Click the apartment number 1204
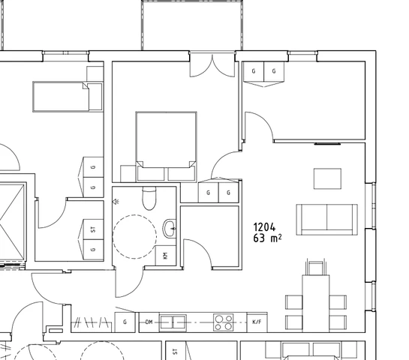[264, 227]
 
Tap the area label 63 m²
[267, 238]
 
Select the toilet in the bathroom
[149, 198]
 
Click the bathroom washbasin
[170, 228]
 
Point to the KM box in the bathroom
[166, 256]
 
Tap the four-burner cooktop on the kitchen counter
[224, 322]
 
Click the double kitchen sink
[173, 322]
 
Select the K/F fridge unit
[257, 322]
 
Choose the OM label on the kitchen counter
[149, 322]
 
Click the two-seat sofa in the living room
[327, 220]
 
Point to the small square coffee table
[327, 178]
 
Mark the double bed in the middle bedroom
[166, 146]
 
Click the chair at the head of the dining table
[316, 268]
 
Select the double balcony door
[212, 64]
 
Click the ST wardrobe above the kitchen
[93, 229]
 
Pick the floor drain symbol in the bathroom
[116, 201]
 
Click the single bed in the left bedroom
[68, 97]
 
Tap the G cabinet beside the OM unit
[125, 322]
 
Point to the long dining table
[316, 304]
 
